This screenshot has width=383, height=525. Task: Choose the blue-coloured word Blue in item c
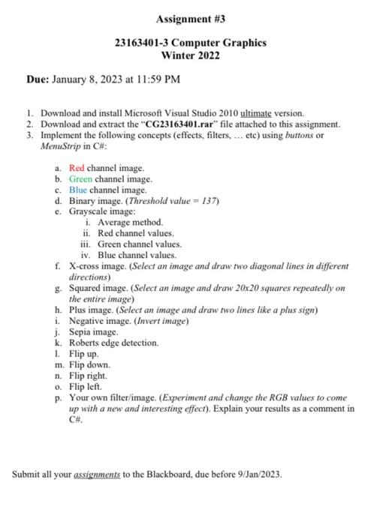(79, 190)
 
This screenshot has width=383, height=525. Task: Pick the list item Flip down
(89, 364)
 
